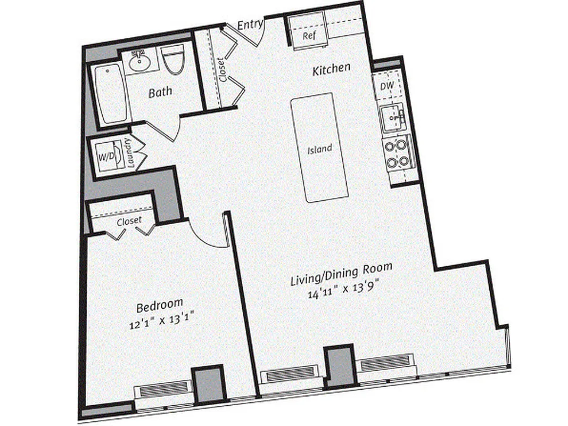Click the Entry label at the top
tap(249, 24)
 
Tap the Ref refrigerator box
tap(309, 36)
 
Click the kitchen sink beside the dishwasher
tap(393, 118)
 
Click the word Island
tap(319, 149)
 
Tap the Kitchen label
tap(331, 69)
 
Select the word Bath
tap(160, 92)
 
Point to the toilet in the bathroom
tap(173, 62)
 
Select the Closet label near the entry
tap(221, 69)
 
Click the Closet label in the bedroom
tap(129, 220)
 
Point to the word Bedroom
tap(160, 307)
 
